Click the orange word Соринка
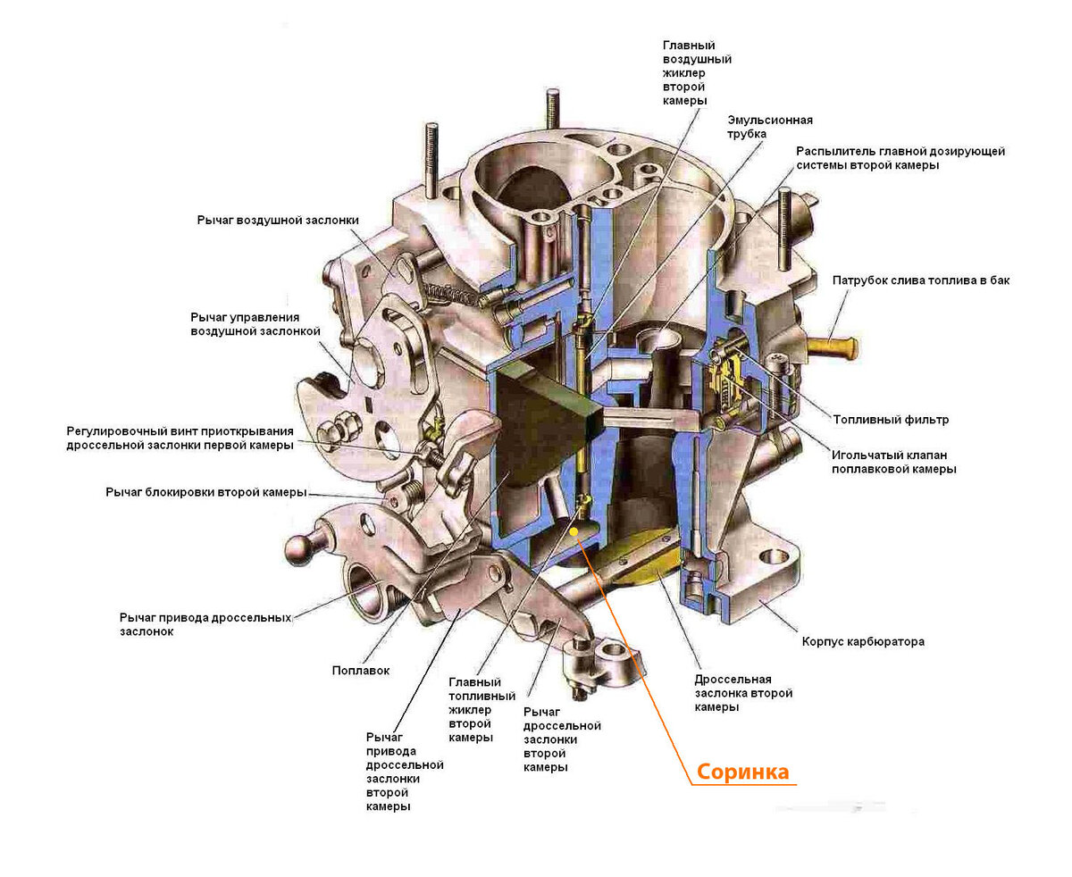742,772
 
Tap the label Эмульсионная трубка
769,127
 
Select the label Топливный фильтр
890,419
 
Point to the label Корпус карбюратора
862,641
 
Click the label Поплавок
360,671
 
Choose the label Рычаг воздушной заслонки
278,220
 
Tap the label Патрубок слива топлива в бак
920,280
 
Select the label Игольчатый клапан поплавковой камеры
893,460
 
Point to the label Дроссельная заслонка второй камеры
743,693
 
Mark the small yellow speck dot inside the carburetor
575,532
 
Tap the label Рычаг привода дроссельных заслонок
205,623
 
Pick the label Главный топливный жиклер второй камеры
482,710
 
